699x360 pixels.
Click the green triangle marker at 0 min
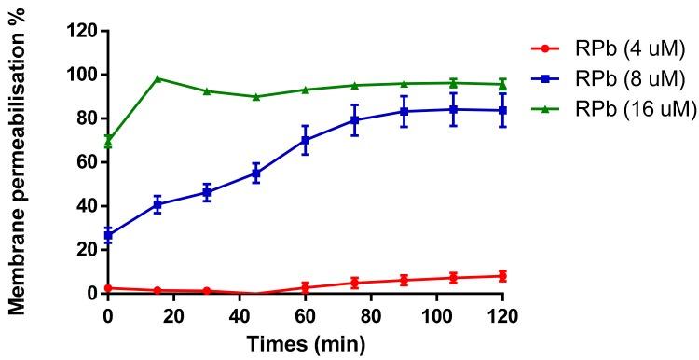(108, 140)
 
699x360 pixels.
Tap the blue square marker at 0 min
(108, 235)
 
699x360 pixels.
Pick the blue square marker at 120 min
(503, 110)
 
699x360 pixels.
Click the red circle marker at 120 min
(503, 276)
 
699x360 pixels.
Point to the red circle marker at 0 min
(108, 288)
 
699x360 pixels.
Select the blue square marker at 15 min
(158, 204)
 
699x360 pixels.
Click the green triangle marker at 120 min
(503, 84)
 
